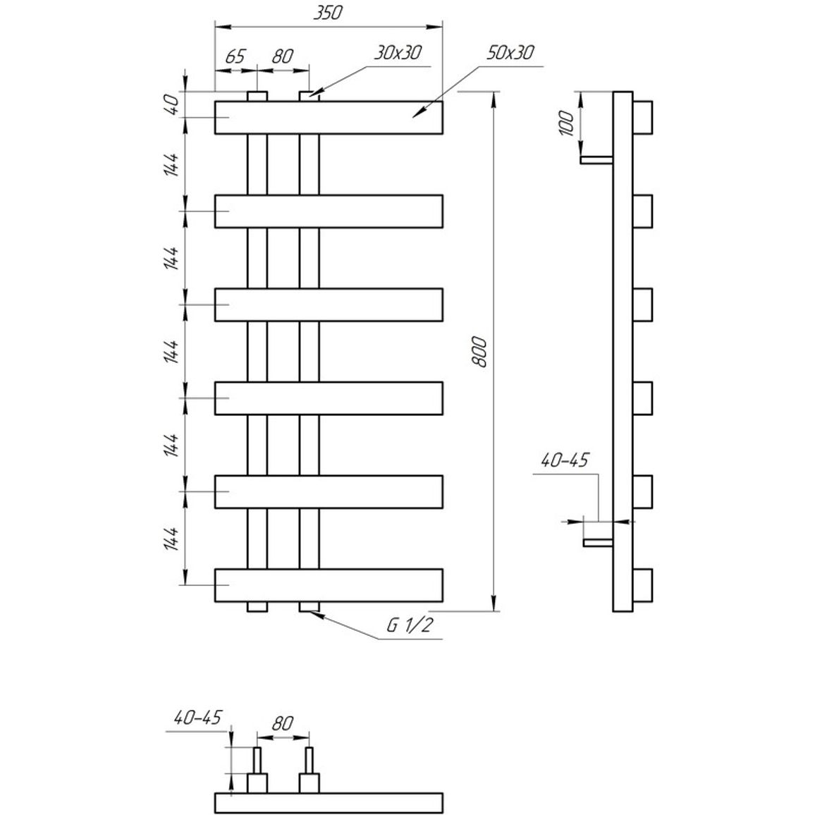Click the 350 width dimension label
328,13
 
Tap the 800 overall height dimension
481,352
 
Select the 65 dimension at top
235,56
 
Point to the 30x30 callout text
398,52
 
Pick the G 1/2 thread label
409,625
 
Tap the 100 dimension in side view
567,123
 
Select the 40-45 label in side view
565,460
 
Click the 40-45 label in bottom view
197,718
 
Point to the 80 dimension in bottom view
282,723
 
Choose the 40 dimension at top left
173,104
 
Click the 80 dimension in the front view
282,56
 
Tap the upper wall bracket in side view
596,159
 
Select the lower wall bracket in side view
598,543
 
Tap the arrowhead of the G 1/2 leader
315,614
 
